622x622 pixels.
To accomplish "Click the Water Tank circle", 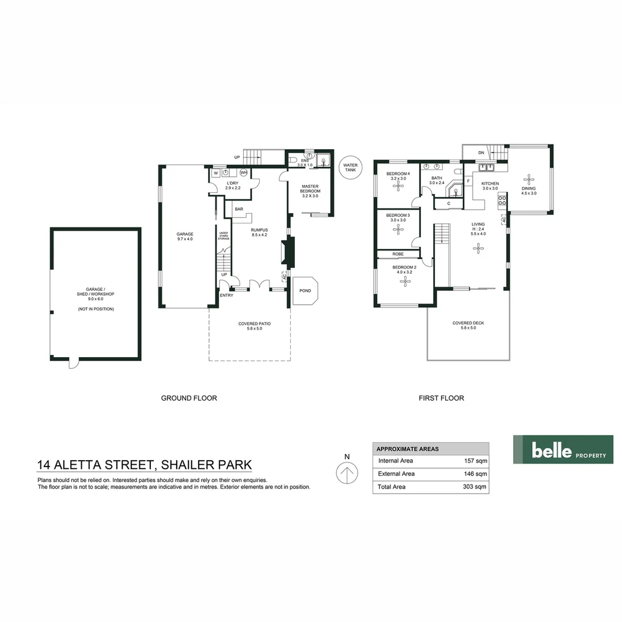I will (350, 168).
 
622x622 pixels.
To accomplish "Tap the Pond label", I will (305, 291).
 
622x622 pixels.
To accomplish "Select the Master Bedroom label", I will (310, 191).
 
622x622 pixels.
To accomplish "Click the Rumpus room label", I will (259, 232).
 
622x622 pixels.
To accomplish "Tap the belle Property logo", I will (563, 449).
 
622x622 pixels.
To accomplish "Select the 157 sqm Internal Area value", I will (476, 461).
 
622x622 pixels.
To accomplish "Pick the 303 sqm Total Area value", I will (476, 487).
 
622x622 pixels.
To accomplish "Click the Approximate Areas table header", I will (407, 449).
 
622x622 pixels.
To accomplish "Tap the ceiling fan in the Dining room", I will (528, 179).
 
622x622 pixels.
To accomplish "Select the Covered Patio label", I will (255, 326).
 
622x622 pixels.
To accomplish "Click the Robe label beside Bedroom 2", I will (398, 254).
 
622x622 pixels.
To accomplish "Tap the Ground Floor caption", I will (189, 398).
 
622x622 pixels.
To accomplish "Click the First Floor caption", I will (441, 398).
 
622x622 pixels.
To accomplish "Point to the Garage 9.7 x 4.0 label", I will (185, 236).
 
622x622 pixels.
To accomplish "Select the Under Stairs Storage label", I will (223, 236).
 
